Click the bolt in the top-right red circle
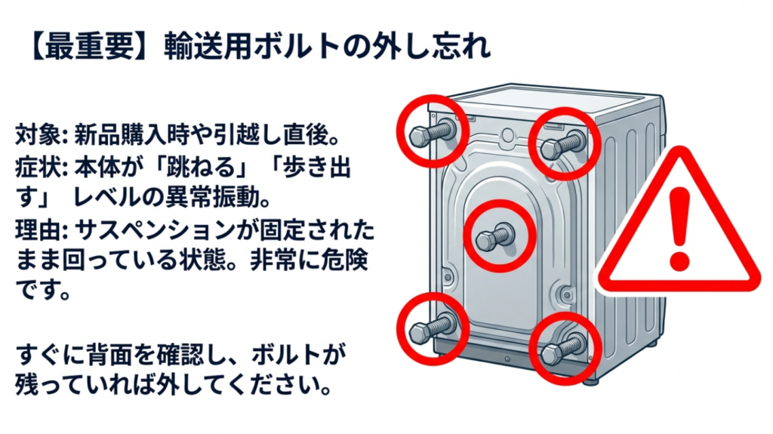pyautogui.click(x=562, y=143)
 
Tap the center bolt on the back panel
pyautogui.click(x=496, y=237)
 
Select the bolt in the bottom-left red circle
pyautogui.click(x=431, y=327)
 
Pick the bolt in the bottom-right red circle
pyautogui.click(x=563, y=348)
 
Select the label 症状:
pyautogui.click(x=42, y=165)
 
